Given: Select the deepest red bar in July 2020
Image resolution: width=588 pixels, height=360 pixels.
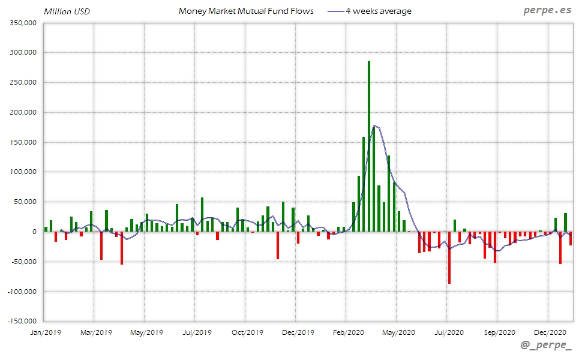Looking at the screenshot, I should pos(449,258).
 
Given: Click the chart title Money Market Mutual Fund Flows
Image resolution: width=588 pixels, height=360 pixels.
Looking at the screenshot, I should pos(246,11).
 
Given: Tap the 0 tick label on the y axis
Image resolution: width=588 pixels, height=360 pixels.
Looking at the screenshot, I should pos(35,232).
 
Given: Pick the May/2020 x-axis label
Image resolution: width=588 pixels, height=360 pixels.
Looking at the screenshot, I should pos(398,332).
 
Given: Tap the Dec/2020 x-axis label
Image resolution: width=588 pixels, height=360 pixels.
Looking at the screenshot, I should pos(550,332).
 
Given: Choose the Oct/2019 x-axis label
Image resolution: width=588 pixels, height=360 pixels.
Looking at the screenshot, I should pos(247,332).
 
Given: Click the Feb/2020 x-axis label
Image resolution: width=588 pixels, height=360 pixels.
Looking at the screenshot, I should pos(348,332).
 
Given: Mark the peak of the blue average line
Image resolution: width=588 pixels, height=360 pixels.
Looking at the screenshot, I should pos(374,126).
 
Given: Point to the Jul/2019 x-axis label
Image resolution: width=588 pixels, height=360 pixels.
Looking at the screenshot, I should pos(197,332).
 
